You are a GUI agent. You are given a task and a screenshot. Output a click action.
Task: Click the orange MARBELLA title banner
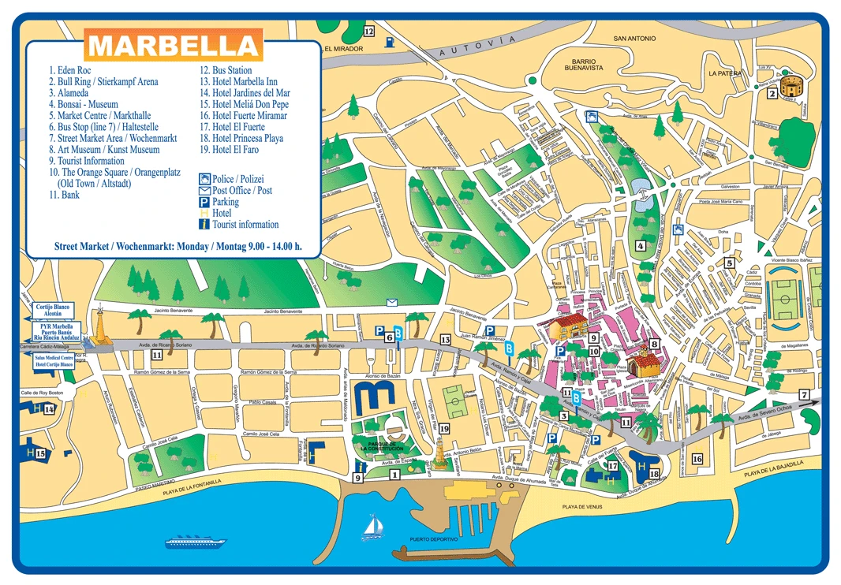174,46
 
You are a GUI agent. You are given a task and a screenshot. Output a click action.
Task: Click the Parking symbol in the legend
204,203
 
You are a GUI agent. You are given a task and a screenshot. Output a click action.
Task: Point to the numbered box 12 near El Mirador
368,31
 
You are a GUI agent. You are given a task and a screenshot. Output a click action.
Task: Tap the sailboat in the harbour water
370,527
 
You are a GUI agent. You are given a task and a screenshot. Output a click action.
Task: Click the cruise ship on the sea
192,542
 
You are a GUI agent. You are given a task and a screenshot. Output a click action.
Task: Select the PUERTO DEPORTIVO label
433,540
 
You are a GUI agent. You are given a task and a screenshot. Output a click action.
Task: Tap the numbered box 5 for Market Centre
730,263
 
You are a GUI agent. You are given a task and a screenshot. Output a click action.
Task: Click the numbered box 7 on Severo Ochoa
804,395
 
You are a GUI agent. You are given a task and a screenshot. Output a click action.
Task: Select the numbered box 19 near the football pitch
444,429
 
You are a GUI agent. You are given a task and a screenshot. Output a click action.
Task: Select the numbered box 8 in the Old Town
653,344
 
